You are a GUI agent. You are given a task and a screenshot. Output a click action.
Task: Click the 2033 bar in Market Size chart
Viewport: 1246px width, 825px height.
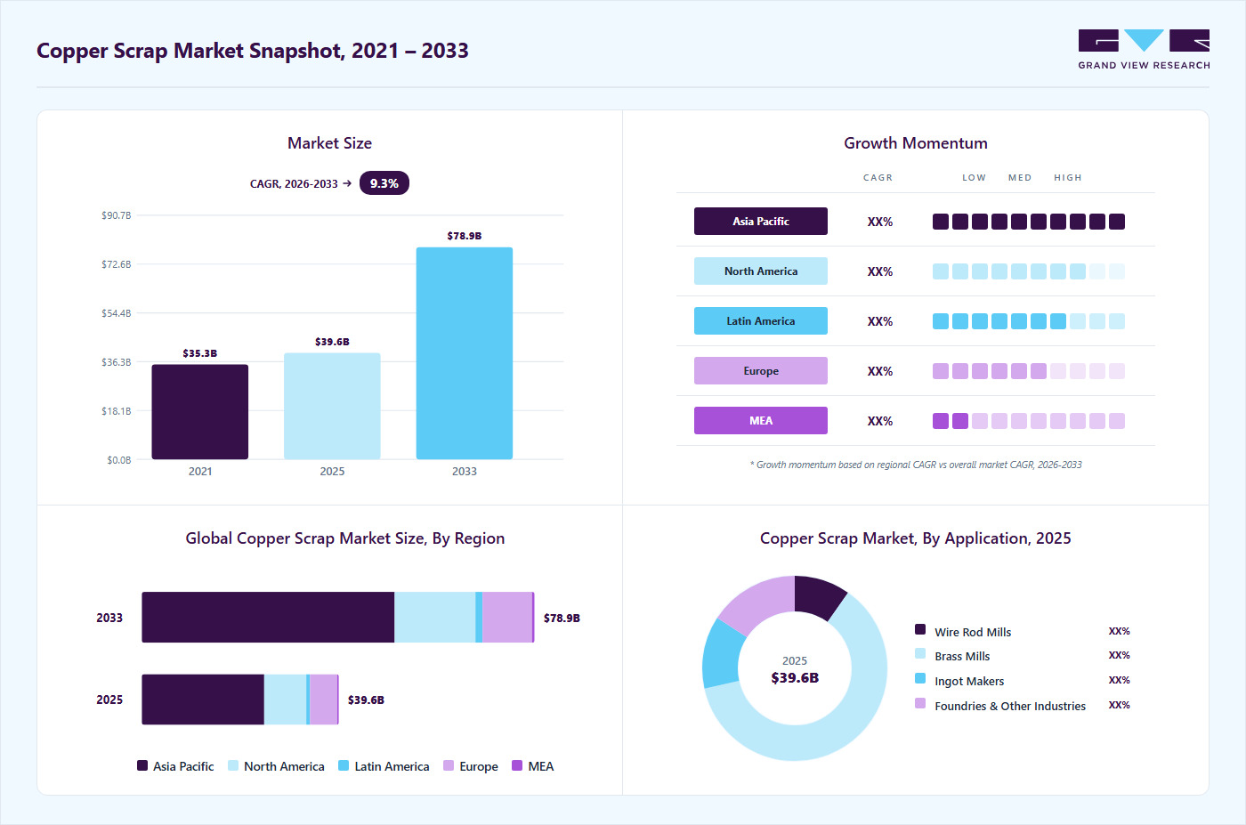465,353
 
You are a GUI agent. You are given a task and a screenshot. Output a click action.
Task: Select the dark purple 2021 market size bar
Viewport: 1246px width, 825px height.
200,412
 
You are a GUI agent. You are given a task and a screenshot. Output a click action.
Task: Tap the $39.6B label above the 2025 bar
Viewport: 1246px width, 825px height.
332,342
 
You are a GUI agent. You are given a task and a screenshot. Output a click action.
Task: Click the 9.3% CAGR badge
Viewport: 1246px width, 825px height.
384,183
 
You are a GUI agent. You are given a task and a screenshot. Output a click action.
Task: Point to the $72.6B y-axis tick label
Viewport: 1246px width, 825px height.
117,264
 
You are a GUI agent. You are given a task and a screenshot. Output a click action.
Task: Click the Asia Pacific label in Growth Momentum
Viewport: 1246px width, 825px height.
760,222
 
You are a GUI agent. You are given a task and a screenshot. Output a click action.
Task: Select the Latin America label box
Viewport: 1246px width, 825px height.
760,321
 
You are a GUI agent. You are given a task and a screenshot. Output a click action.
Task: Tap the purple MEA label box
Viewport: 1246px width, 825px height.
760,421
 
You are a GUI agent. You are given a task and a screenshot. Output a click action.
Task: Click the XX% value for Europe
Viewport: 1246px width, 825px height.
880,371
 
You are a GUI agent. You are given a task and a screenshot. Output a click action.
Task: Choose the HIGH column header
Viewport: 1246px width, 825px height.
1068,177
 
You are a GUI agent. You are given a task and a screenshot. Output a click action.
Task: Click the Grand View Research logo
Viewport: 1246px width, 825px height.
1144,50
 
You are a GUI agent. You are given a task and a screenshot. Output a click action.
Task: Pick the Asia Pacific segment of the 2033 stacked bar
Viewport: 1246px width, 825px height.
268,617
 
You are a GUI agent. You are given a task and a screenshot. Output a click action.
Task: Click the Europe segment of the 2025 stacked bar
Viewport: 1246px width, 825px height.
323,700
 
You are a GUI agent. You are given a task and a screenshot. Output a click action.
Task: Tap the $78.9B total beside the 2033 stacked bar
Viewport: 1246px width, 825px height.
562,618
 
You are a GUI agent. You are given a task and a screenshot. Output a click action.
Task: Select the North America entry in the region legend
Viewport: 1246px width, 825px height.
277,766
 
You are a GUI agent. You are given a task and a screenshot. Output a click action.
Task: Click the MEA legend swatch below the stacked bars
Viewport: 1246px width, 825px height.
517,765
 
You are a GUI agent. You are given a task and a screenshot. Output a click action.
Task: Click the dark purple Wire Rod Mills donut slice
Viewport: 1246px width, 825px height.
818,595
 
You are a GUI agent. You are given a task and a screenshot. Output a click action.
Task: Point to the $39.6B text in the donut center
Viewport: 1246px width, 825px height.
795,677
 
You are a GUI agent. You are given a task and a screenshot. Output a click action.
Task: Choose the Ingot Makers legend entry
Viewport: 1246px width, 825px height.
959,680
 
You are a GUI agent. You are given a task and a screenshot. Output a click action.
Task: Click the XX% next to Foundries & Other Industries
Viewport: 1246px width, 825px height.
1120,705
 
